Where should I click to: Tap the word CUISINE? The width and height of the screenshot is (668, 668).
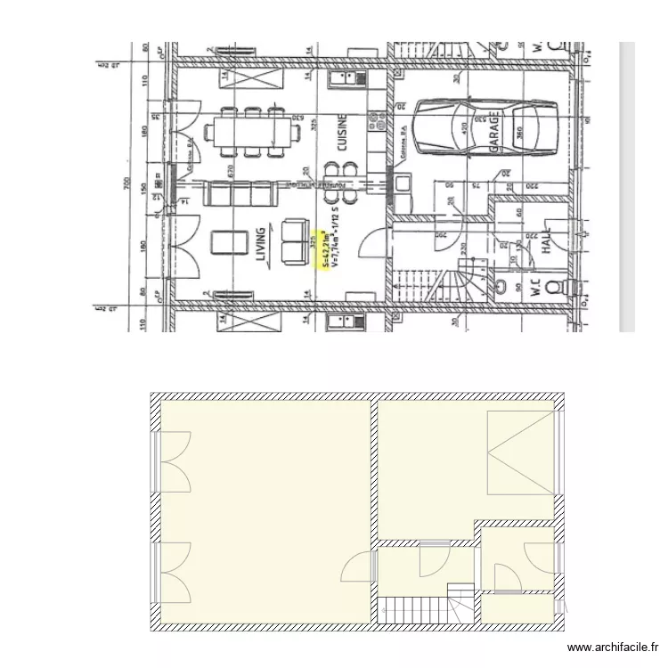point(341,135)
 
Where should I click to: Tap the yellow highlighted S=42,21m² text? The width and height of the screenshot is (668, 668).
point(325,250)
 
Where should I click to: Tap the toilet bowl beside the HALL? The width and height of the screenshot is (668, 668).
point(553,287)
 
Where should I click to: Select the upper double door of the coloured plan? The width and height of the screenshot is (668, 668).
point(176,461)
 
